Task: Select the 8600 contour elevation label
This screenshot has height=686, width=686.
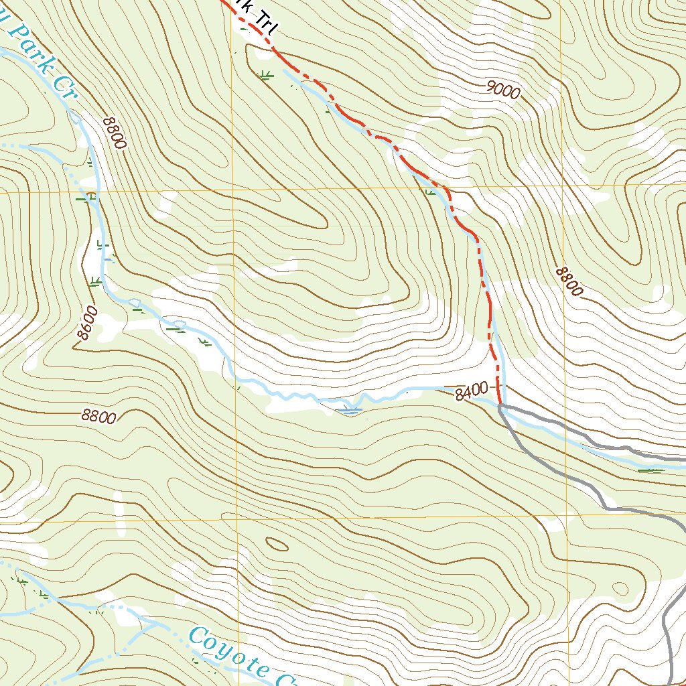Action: [86, 324]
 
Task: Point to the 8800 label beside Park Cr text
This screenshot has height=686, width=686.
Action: [115, 133]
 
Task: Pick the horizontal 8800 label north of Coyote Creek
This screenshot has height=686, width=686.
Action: [100, 417]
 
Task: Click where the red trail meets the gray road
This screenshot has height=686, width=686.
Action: [500, 405]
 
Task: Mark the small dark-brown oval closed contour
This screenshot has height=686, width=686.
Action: [277, 543]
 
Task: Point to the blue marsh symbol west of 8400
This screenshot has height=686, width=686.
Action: [349, 409]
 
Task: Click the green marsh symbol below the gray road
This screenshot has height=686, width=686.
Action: [650, 470]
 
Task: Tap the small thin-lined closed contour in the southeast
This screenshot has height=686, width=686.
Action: [621, 589]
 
